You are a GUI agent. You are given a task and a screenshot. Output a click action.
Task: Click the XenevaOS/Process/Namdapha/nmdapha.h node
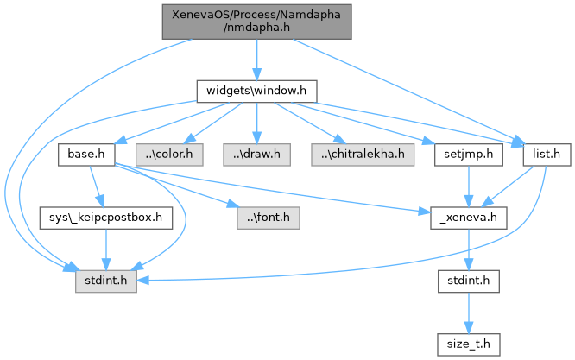tap(256, 21)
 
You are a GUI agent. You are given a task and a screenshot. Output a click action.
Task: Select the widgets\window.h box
tap(256, 91)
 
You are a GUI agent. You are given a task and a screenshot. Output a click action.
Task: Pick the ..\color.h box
tap(174, 155)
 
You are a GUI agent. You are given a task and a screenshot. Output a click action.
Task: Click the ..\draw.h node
tap(257, 155)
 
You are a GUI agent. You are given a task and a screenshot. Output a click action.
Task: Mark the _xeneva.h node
tap(466, 218)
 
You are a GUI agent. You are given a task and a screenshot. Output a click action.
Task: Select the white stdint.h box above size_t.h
tap(466, 281)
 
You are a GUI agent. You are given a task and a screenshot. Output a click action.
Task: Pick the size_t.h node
tap(466, 343)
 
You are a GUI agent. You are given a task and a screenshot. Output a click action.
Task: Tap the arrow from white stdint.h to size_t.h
tap(466, 312)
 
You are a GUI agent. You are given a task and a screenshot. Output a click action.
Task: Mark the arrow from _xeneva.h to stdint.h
tap(466, 249)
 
